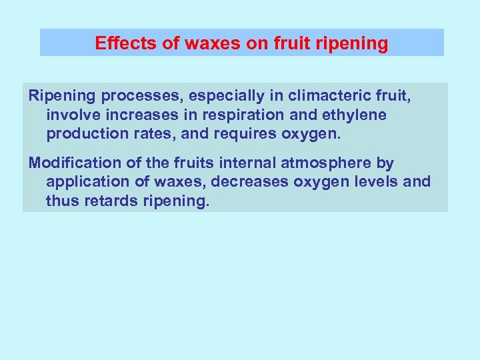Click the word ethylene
[355, 115]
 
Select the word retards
[109, 200]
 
